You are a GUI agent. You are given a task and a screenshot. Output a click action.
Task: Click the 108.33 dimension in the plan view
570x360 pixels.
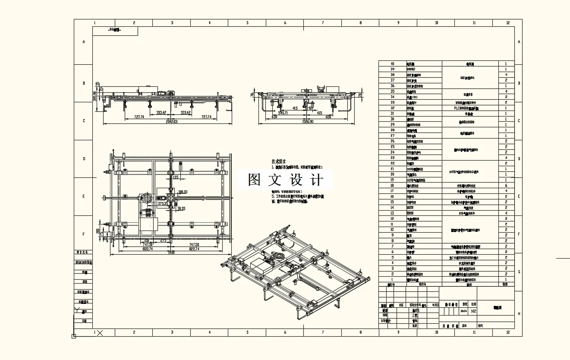click(x=183, y=192)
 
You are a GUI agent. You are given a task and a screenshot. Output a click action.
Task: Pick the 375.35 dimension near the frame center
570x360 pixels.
click(x=163, y=203)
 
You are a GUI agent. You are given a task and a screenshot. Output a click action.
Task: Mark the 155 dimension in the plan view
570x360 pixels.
click(x=175, y=177)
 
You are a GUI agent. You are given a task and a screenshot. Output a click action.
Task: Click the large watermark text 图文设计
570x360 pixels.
click(x=285, y=180)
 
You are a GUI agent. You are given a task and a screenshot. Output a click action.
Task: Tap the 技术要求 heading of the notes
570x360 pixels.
click(x=279, y=161)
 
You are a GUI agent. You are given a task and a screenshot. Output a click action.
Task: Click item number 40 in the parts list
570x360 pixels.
click(x=392, y=64)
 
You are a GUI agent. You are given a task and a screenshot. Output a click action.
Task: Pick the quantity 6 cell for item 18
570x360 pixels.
click(x=506, y=186)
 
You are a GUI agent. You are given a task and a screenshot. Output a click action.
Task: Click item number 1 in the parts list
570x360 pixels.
click(x=392, y=279)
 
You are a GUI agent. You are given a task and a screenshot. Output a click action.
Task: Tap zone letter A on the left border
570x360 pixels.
click(x=84, y=42)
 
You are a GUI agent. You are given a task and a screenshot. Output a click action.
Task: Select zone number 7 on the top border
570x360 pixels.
click(x=323, y=23)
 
